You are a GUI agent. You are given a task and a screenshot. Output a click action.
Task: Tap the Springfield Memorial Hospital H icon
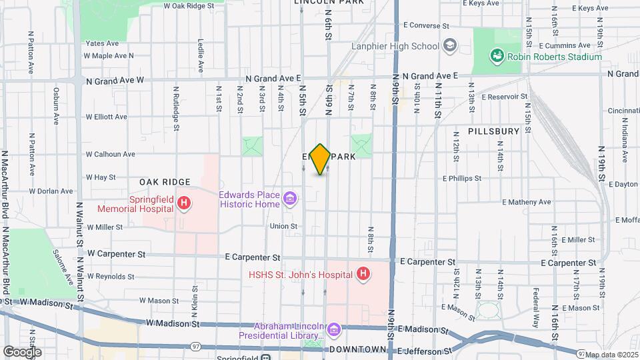[x=185, y=201]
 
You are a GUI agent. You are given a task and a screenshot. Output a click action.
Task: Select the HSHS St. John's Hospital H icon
[x=363, y=273]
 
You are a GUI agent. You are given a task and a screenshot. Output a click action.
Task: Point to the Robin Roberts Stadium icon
[x=497, y=57]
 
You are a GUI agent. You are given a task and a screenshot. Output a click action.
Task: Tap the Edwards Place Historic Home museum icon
[x=290, y=199]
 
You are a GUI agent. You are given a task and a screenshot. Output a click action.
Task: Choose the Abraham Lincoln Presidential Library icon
[x=335, y=329]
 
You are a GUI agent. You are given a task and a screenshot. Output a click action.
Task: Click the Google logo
[x=22, y=351]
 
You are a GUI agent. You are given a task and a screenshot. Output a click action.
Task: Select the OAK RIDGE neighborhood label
[x=165, y=182]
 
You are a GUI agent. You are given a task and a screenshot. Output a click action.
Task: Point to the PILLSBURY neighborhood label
[x=493, y=131]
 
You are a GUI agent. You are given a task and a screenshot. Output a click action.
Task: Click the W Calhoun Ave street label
[x=110, y=154]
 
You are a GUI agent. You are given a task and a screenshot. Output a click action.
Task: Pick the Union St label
[x=283, y=227]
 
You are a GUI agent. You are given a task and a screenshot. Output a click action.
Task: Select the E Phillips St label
[x=461, y=179]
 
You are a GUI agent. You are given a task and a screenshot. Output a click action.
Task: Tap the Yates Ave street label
[x=102, y=43]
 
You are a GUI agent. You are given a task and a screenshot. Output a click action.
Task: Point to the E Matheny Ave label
[x=527, y=202]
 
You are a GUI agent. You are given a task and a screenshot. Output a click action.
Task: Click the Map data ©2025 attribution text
[x=612, y=354]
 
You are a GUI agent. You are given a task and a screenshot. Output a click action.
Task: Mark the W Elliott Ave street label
[x=106, y=117]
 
